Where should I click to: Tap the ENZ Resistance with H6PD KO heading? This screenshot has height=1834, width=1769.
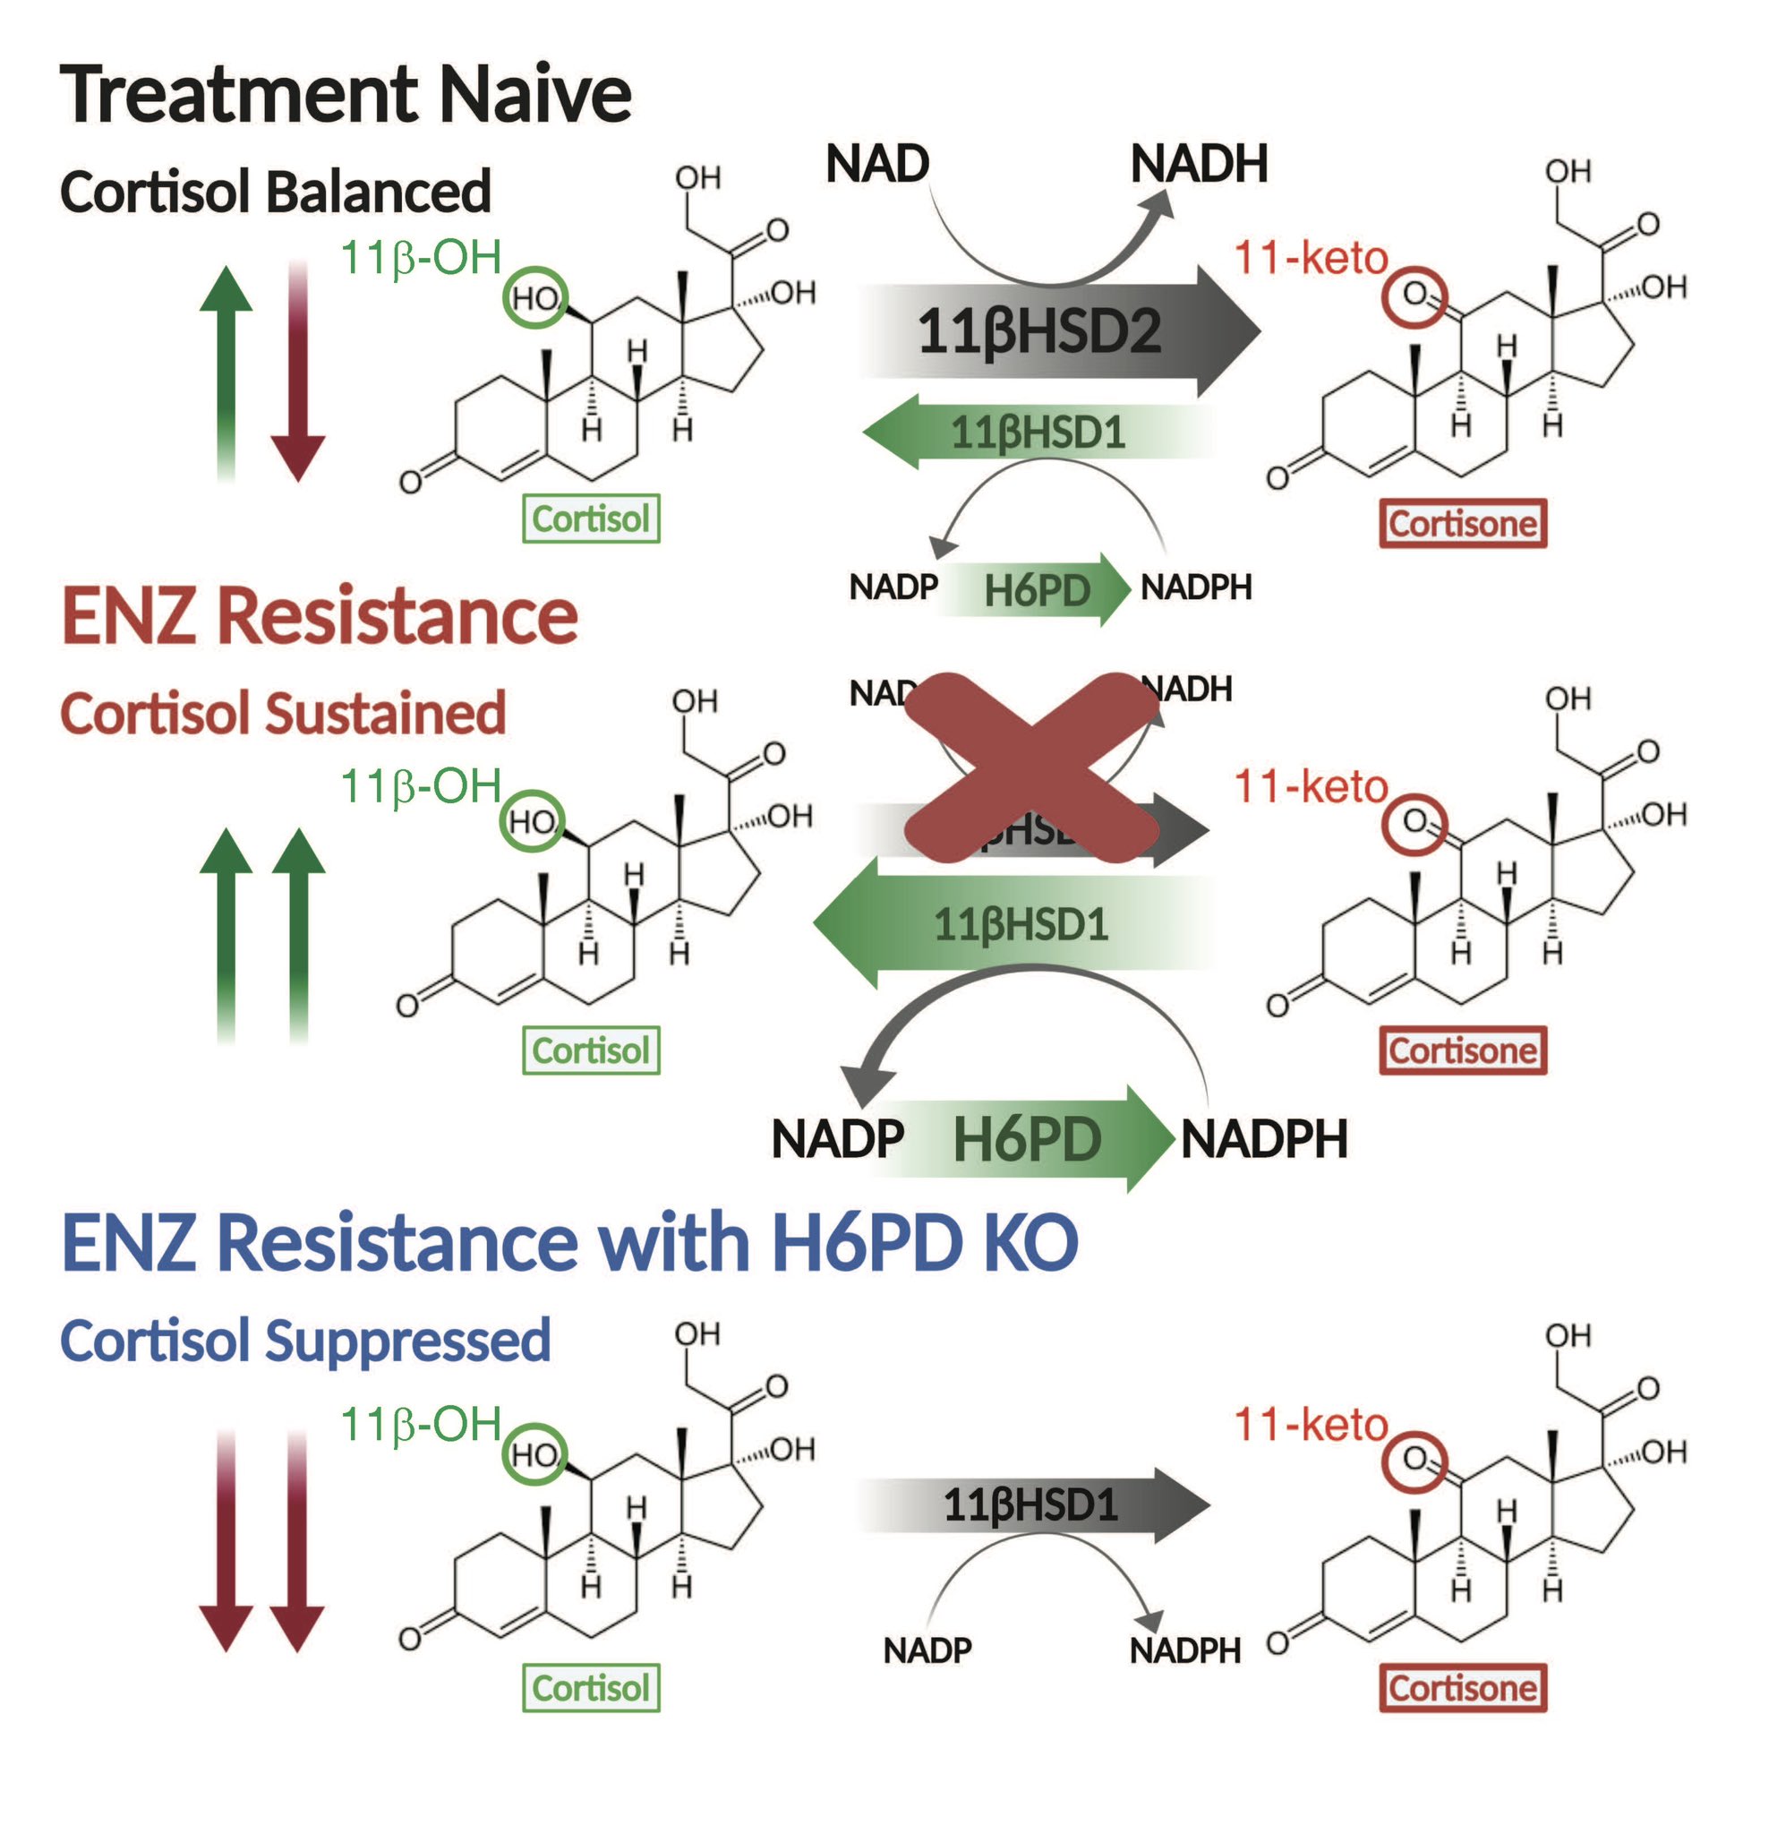pyautogui.click(x=568, y=1243)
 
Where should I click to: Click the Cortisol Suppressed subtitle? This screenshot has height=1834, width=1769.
pyautogui.click(x=305, y=1340)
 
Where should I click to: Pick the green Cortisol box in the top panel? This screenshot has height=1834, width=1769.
pyautogui.click(x=590, y=518)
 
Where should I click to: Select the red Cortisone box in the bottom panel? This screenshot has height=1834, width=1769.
pyautogui.click(x=1462, y=1688)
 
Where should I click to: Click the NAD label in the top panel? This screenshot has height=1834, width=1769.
pyautogui.click(x=876, y=164)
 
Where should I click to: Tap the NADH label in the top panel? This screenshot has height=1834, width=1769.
pyautogui.click(x=1199, y=164)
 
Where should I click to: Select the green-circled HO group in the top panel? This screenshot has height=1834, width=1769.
pyautogui.click(x=535, y=297)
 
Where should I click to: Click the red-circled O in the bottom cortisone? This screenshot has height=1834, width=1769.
pyautogui.click(x=1414, y=1460)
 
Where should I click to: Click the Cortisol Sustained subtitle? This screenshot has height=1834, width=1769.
pyautogui.click(x=283, y=714)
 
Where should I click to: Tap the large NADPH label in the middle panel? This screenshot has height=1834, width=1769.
pyautogui.click(x=1263, y=1139)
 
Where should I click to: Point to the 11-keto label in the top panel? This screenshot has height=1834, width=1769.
pyautogui.click(x=1310, y=257)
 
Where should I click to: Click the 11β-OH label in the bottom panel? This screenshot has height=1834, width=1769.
pyautogui.click(x=420, y=1424)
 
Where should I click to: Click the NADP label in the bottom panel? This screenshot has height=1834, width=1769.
pyautogui.click(x=927, y=1650)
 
